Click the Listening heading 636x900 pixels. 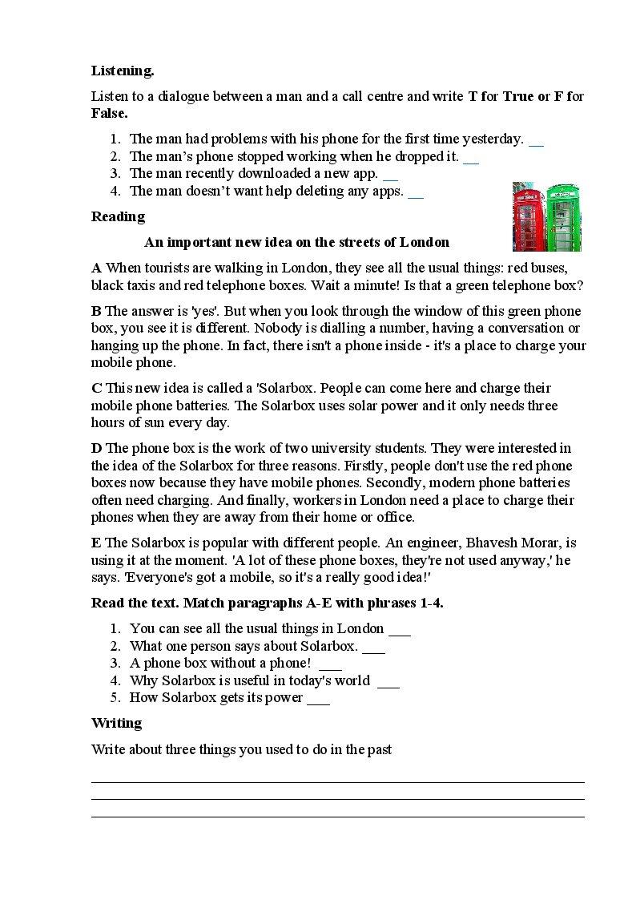pyautogui.click(x=123, y=71)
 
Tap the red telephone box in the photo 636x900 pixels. pyautogui.click(x=529, y=218)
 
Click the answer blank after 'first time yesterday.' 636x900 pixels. pyautogui.click(x=536, y=140)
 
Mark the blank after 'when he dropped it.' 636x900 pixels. pyautogui.click(x=471, y=158)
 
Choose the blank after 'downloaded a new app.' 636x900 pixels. pyautogui.click(x=390, y=175)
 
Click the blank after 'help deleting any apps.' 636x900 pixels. pyautogui.click(x=415, y=192)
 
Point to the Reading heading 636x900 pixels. pyautogui.click(x=118, y=216)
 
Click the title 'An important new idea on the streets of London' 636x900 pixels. pyautogui.click(x=296, y=242)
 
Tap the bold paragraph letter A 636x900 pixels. pyautogui.click(x=96, y=268)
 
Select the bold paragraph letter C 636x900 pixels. pyautogui.click(x=96, y=389)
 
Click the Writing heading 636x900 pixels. pyautogui.click(x=116, y=723)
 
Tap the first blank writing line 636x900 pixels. pyautogui.click(x=337, y=781)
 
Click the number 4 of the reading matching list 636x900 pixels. pyautogui.click(x=115, y=680)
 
